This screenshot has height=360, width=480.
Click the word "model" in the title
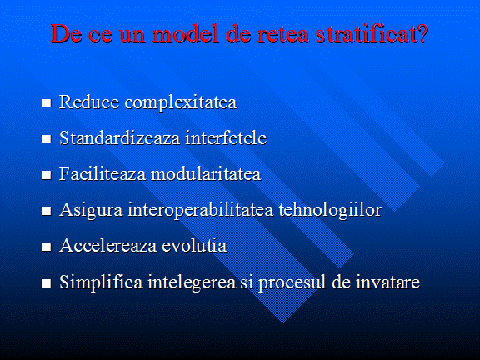pyautogui.click(x=186, y=33)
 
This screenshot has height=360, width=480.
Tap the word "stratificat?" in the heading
pyautogui.click(x=372, y=33)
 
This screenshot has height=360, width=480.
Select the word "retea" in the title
pyautogui.click(x=282, y=35)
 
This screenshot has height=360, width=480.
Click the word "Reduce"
pyautogui.click(x=89, y=102)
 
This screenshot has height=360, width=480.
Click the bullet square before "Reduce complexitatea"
pyautogui.click(x=46, y=103)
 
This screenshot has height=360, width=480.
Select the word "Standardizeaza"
pyautogui.click(x=120, y=137)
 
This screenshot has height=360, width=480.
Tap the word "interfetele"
pyautogui.click(x=226, y=137)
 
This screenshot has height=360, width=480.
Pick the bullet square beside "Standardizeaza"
pyautogui.click(x=46, y=139)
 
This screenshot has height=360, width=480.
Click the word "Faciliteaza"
pyautogui.click(x=102, y=173)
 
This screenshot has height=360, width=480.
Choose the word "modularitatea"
pyautogui.click(x=206, y=173)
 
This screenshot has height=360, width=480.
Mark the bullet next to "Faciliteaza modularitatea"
pyautogui.click(x=46, y=175)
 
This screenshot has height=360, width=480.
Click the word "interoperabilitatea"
pyautogui.click(x=201, y=211)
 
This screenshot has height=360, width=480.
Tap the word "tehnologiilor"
pyautogui.click(x=330, y=211)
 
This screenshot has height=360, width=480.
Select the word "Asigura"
pyautogui.click(x=91, y=211)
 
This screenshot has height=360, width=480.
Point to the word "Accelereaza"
pyautogui.click(x=108, y=246)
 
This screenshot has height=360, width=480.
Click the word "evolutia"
pyautogui.click(x=194, y=246)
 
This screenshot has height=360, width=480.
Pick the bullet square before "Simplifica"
pyautogui.click(x=46, y=283)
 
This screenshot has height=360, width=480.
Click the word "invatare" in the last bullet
pyautogui.click(x=387, y=282)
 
